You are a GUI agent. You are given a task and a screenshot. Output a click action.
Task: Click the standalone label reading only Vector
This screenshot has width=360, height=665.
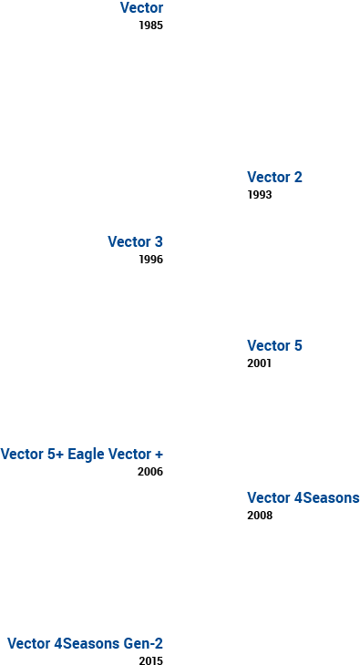[x=141, y=8]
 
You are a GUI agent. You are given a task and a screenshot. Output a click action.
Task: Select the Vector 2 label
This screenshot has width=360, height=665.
[x=274, y=178]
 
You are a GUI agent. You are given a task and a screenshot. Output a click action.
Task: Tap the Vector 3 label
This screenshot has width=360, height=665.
[x=135, y=242]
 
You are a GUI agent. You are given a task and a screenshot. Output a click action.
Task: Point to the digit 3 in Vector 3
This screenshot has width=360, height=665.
[x=159, y=242]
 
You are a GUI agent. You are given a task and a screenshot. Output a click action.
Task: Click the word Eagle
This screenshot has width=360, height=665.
[x=87, y=455]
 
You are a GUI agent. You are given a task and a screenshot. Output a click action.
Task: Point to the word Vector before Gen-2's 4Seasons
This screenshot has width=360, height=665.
[x=29, y=644]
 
